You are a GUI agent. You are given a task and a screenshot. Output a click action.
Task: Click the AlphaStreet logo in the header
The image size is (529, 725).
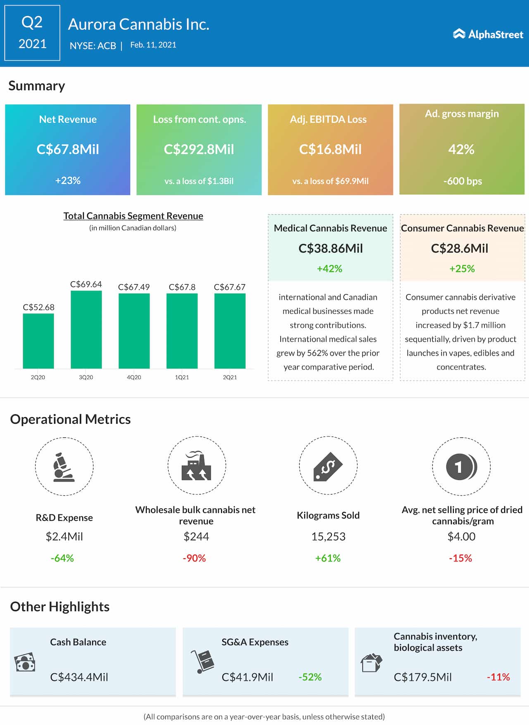[x=488, y=34]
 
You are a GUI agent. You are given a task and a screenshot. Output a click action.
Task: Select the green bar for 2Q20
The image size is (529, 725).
[x=38, y=341]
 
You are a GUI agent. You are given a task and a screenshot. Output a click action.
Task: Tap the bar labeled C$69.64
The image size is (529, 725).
[x=86, y=329]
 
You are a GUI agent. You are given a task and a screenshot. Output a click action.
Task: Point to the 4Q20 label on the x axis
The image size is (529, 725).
[x=134, y=377]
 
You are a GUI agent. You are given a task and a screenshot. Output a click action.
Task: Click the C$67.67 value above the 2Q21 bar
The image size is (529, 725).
[x=229, y=287]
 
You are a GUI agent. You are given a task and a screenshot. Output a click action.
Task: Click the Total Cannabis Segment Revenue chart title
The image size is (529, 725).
[x=133, y=216]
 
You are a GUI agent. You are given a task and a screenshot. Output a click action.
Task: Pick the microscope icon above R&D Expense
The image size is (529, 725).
[x=64, y=467]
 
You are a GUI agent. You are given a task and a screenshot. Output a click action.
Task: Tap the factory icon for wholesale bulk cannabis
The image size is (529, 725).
[x=196, y=466]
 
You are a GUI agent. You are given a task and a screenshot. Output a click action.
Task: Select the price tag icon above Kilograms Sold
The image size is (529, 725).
[x=328, y=466]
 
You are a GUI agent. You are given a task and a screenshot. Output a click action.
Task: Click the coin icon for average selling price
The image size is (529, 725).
[x=461, y=467]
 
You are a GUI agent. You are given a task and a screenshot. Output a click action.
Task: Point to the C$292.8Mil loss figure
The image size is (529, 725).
[x=199, y=149]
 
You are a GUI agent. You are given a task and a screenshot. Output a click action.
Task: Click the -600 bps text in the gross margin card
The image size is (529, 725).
[x=462, y=181]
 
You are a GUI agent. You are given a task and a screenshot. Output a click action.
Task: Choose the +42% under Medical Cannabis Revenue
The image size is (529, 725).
[x=329, y=269]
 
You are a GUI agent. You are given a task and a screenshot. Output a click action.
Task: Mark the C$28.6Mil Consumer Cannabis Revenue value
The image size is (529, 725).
[x=460, y=248]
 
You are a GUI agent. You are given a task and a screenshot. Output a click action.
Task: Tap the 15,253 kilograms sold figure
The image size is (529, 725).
[x=328, y=536]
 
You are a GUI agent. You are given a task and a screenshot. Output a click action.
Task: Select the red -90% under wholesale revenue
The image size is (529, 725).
[x=194, y=558]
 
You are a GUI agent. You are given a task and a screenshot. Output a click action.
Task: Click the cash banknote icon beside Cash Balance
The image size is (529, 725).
[x=25, y=663]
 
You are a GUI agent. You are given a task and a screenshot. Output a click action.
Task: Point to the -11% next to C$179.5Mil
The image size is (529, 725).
[x=498, y=677]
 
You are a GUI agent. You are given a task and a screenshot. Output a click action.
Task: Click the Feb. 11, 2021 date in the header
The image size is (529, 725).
[x=153, y=45]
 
